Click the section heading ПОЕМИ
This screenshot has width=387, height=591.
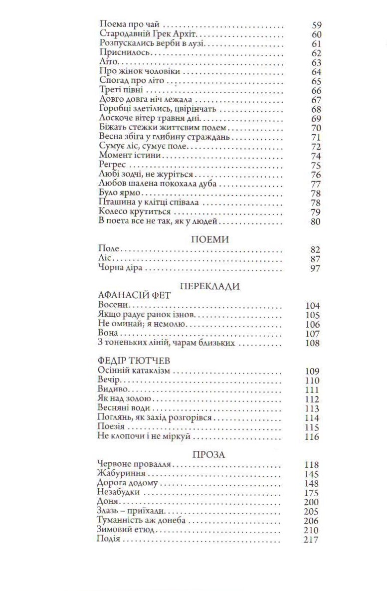[x=210, y=239]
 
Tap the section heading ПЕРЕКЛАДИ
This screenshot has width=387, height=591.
[x=210, y=286]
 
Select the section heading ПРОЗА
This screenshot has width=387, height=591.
[x=209, y=454]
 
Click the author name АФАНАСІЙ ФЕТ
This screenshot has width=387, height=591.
[x=135, y=296]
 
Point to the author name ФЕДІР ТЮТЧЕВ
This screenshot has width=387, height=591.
[x=130, y=361]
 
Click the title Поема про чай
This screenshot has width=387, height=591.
[x=131, y=24]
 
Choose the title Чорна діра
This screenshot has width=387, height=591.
[x=120, y=268]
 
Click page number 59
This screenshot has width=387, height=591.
[x=316, y=24]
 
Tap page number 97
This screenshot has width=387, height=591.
[x=315, y=268]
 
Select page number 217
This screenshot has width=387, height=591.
[x=311, y=540]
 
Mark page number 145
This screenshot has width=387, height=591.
[x=311, y=474]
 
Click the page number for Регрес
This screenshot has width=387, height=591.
[x=316, y=166]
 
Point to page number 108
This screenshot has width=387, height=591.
[x=311, y=343]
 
